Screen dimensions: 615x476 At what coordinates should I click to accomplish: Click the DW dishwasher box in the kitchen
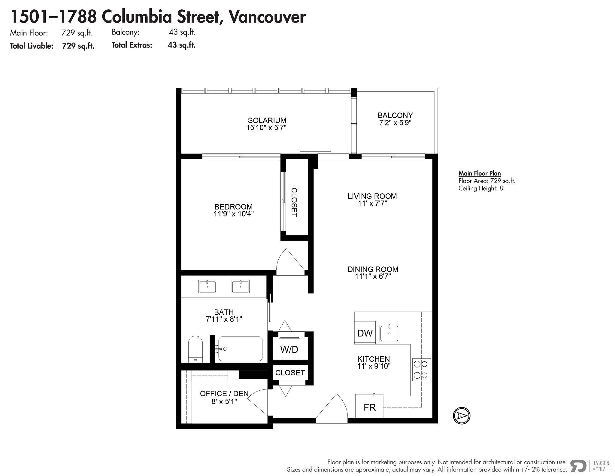point(365,333)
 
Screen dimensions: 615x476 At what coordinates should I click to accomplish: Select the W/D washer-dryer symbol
point(289,349)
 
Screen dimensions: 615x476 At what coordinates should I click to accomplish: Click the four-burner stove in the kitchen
point(421,370)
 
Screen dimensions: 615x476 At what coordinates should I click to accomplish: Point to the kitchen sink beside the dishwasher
point(389,333)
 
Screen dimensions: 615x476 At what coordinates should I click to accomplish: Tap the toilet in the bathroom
point(195,349)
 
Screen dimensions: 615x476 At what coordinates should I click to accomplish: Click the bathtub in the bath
point(240,349)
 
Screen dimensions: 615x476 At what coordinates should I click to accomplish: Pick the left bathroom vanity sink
point(207,286)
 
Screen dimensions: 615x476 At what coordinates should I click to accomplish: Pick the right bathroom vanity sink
point(241,286)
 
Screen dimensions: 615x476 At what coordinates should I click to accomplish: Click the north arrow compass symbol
point(461,416)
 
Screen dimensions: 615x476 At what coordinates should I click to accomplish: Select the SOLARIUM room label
point(267,120)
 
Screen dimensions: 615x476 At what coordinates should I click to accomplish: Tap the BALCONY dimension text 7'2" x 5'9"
point(395,123)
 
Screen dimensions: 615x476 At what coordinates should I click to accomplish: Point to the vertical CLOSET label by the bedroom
point(294,202)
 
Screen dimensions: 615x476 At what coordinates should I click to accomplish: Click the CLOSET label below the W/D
point(290,373)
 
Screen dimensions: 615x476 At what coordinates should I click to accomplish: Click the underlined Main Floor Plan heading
point(480,173)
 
